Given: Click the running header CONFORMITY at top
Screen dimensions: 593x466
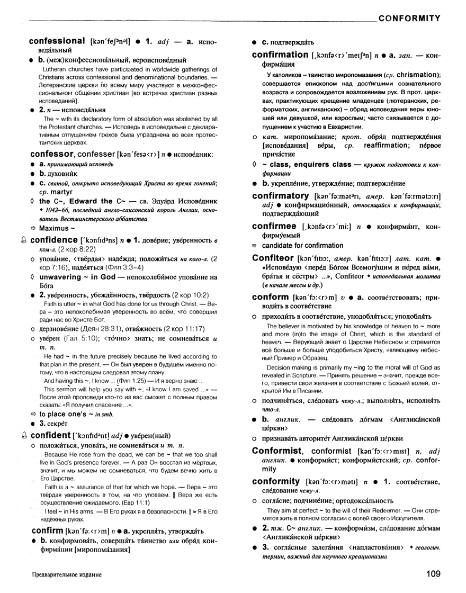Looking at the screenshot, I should coord(410,18).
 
